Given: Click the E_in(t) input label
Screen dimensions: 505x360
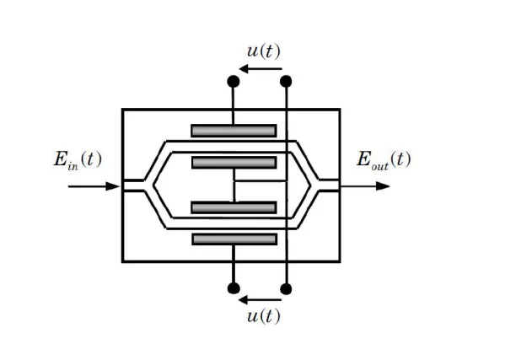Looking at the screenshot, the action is click(x=78, y=160).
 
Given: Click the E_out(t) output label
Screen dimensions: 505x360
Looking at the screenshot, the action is click(x=384, y=160).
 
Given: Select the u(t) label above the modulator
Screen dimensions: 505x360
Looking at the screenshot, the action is click(x=264, y=51).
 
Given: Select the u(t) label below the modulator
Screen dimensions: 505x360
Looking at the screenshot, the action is click(x=264, y=316).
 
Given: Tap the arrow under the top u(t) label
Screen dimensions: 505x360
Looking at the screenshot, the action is click(x=261, y=68).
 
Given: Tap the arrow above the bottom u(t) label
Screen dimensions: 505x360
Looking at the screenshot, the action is click(x=261, y=300).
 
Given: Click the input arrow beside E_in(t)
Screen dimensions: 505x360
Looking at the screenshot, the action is click(x=94, y=186).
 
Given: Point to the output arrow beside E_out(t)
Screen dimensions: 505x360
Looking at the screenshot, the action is click(x=365, y=186).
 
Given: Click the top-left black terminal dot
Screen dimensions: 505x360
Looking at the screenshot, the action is click(x=234, y=82).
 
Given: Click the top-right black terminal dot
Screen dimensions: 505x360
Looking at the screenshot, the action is click(x=286, y=82).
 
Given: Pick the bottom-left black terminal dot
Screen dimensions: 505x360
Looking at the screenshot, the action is click(x=234, y=288).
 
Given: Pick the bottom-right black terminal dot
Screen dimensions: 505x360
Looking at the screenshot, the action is click(x=286, y=289).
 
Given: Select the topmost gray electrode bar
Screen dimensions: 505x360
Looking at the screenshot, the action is click(x=234, y=131).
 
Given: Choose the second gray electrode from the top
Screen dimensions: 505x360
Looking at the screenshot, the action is click(x=234, y=163).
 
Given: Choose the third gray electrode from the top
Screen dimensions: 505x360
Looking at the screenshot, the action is click(x=234, y=207).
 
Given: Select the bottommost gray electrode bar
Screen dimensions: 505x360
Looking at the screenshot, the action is click(x=234, y=239).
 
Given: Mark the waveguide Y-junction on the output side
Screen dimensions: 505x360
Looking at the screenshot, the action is click(x=314, y=185).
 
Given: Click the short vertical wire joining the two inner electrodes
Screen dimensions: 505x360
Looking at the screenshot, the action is click(x=234, y=185).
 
